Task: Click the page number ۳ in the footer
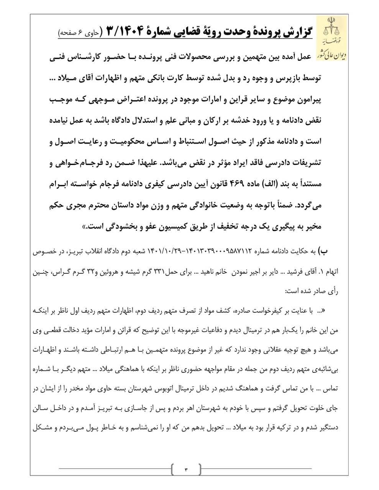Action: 187,469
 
